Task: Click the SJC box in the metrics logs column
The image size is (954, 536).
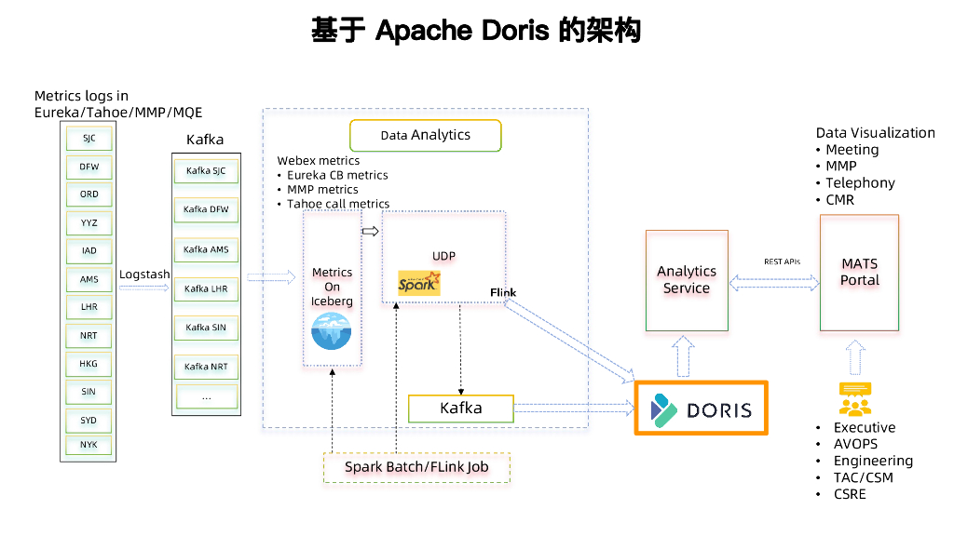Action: (x=89, y=139)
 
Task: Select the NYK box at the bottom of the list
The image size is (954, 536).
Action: (x=89, y=445)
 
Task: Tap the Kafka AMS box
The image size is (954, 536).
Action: (x=206, y=250)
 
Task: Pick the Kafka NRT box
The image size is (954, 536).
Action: (x=206, y=367)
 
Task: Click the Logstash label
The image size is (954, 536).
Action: (x=144, y=275)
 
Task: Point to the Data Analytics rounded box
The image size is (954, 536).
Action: (x=425, y=135)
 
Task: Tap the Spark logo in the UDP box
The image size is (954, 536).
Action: (x=419, y=283)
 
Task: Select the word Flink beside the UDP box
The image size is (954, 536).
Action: (x=503, y=292)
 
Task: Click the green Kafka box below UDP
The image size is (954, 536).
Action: (x=460, y=409)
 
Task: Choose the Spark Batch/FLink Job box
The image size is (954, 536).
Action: (x=416, y=467)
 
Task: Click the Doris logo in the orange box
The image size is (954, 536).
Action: (x=701, y=409)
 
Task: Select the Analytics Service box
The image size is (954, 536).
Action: (x=687, y=280)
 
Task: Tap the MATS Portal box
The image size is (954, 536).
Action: (x=859, y=273)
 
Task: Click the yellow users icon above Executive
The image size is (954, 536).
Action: (x=854, y=399)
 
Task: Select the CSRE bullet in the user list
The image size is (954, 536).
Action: (x=850, y=494)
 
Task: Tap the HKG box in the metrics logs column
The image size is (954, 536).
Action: (x=89, y=364)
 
